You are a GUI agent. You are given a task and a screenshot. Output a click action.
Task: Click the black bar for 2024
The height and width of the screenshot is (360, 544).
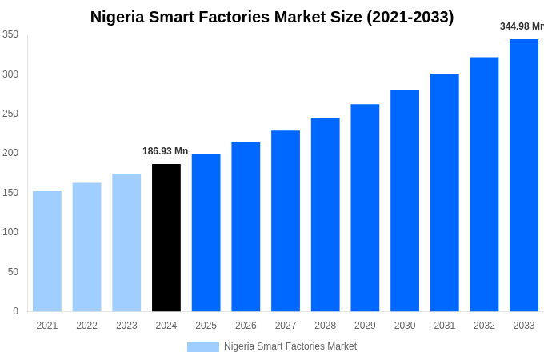166,238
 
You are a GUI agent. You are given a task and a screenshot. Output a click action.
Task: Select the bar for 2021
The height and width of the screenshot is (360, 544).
47,251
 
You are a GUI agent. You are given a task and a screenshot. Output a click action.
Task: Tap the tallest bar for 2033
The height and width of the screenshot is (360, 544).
524,175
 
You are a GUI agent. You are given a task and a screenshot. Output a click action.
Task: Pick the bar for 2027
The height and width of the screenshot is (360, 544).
286,221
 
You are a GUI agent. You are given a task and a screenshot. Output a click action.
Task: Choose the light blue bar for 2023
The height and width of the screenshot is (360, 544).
126,242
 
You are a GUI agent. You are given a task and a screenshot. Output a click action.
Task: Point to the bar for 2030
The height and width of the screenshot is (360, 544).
405,200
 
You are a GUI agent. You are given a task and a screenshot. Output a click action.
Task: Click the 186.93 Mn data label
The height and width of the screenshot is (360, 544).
165,151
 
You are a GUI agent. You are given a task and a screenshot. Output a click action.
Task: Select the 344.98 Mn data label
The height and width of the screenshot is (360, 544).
522,26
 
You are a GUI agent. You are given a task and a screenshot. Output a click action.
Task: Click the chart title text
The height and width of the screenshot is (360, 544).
272,17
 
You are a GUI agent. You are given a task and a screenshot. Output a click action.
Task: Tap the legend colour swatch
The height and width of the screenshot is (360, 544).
203,346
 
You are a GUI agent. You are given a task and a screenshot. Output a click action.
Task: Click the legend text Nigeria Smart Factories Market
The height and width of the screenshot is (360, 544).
290,346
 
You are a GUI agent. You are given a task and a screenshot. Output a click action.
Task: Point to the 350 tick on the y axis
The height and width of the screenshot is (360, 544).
10,34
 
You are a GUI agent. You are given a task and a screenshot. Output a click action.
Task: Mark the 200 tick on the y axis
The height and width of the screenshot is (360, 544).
10,153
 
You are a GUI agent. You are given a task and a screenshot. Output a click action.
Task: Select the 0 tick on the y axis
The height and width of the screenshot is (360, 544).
15,311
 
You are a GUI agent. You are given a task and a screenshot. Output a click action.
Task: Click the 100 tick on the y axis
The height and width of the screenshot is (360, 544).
10,232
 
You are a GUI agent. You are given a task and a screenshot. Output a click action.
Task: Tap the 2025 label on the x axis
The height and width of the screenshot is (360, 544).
206,326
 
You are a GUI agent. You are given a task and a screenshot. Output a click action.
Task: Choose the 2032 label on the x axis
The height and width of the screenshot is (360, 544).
484,326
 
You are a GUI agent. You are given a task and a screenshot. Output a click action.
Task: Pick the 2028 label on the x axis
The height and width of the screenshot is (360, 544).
326,326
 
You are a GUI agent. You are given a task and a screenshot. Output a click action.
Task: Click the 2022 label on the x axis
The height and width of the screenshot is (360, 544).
87,326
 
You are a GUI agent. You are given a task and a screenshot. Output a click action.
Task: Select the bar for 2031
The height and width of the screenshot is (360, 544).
445,192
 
